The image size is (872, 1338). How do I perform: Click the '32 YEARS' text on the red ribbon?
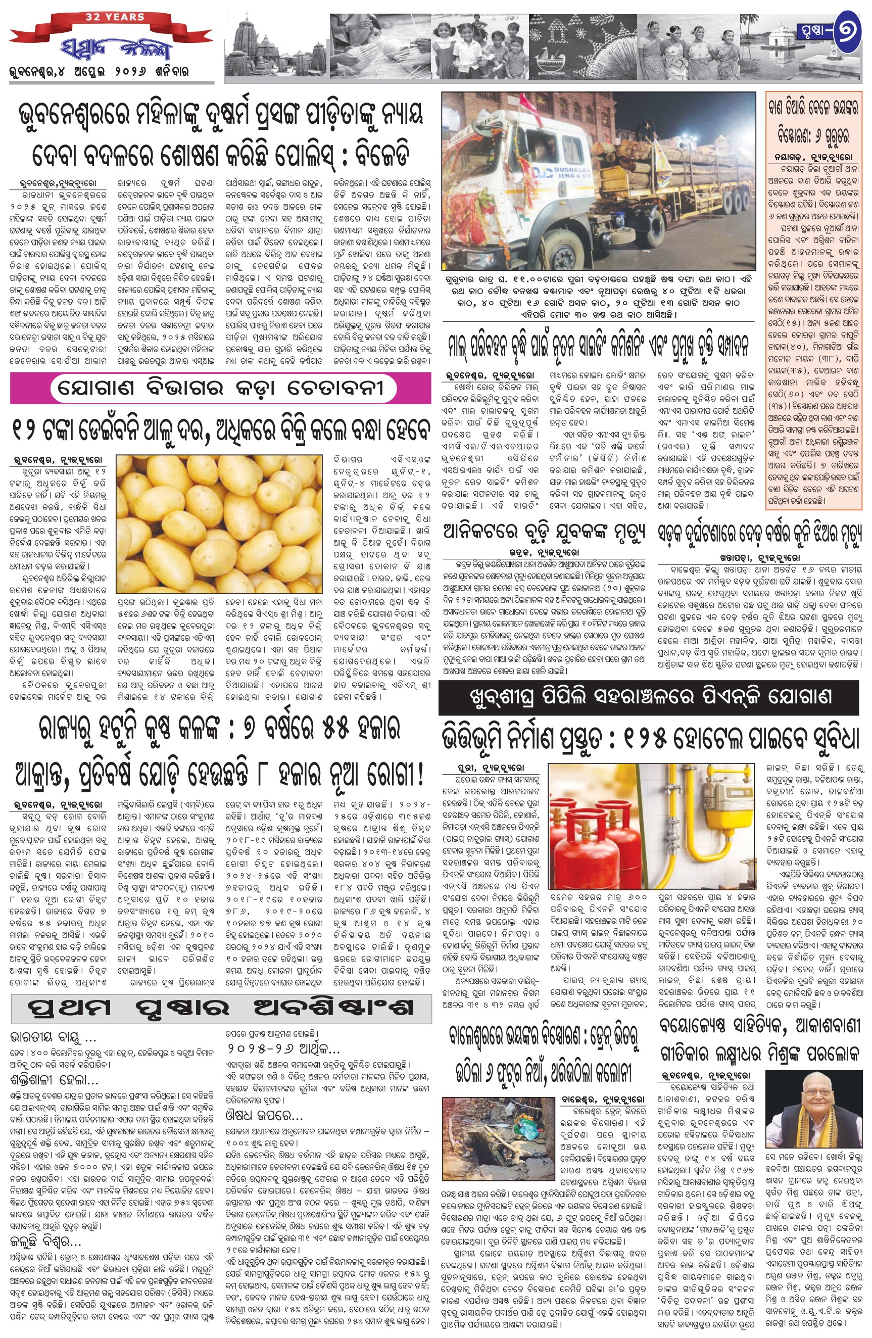point(115,17)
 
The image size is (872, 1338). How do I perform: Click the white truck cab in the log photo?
point(506,185)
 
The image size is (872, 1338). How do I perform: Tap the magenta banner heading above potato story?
point(221,389)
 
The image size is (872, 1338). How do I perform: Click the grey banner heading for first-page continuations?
point(221,1008)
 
